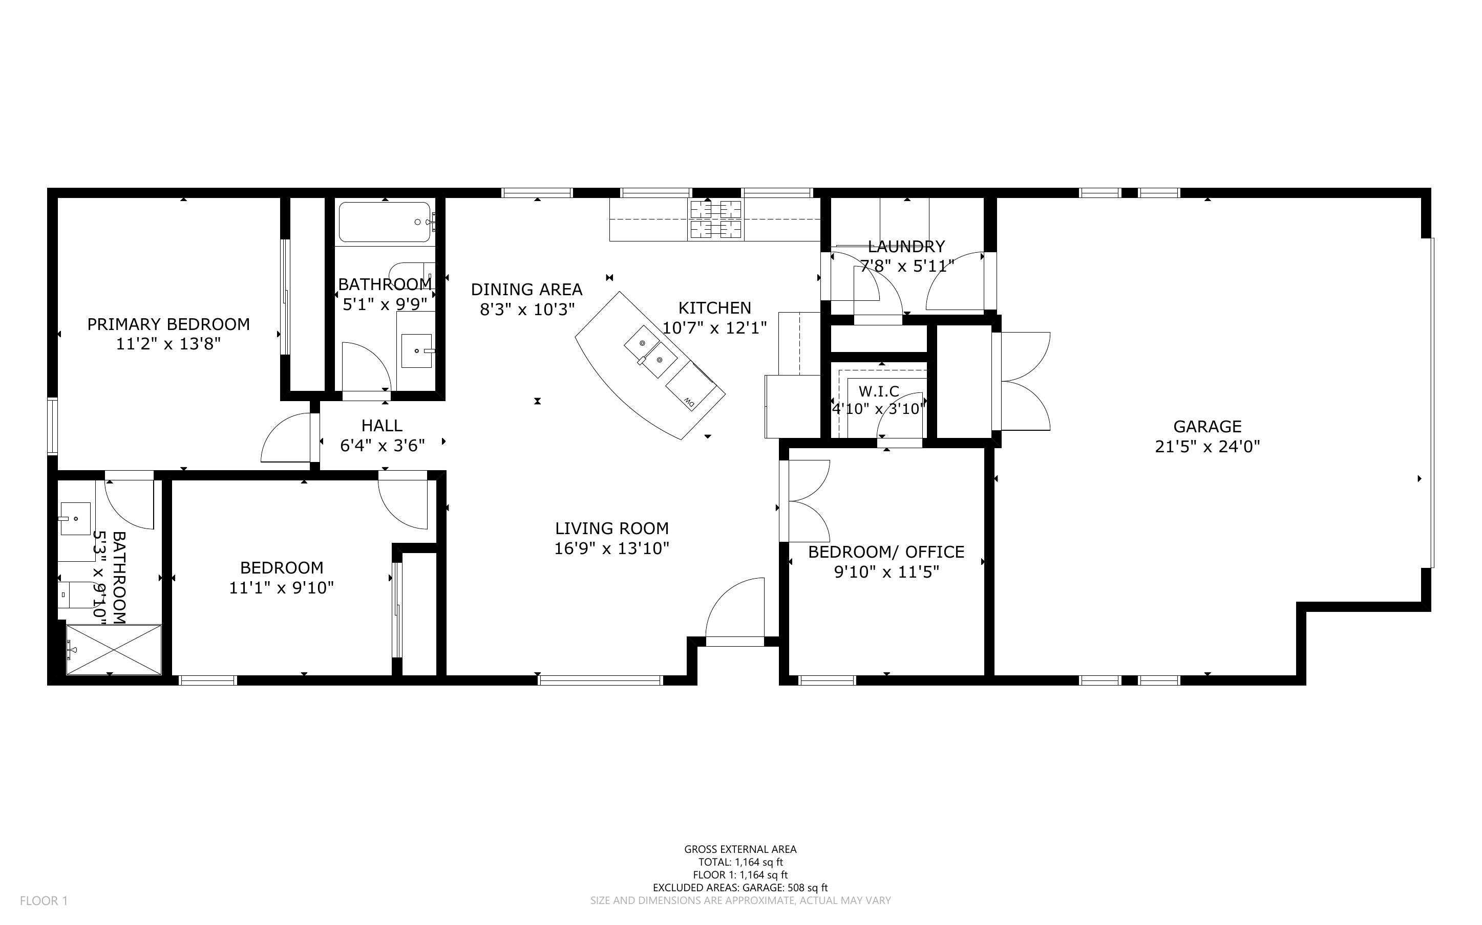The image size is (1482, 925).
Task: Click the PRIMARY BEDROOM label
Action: tap(168, 324)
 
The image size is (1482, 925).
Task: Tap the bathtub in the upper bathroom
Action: tap(385, 223)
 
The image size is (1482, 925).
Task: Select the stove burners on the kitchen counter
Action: tap(715, 219)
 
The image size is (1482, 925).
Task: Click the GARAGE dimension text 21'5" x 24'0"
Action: tap(1207, 447)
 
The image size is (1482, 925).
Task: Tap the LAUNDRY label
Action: tap(906, 247)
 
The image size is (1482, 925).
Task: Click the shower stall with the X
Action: tap(114, 649)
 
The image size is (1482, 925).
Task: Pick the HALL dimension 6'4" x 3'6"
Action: tap(382, 446)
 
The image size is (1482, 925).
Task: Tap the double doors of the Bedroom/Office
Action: tap(807, 500)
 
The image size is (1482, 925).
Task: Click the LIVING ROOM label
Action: tap(611, 528)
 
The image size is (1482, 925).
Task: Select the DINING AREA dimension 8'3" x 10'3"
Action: tap(527, 310)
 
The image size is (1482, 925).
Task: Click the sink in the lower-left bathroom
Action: tap(75, 518)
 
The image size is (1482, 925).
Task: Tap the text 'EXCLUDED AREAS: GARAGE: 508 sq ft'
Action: tap(739, 888)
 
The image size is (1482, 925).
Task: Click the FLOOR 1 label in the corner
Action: tap(44, 900)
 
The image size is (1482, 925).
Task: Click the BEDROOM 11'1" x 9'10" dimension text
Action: tap(281, 588)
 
